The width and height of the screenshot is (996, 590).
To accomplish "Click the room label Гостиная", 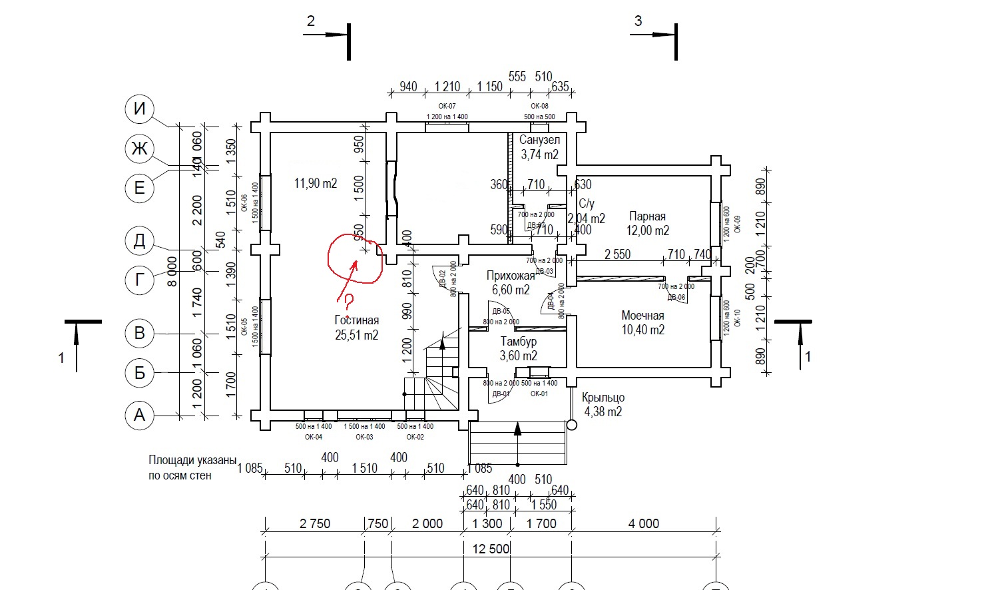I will pos(356,320).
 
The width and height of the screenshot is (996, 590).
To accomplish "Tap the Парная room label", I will pos(647,216).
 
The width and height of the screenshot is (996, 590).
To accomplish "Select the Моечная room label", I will pos(642,316).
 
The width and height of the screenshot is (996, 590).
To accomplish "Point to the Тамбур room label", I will pos(519,342).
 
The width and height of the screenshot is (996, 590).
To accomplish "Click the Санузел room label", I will pos(539,141).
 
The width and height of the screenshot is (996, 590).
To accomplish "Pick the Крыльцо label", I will pos(603,398).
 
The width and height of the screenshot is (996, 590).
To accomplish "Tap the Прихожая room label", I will pos(511,276).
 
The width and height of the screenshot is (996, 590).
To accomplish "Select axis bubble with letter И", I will pos(139,109).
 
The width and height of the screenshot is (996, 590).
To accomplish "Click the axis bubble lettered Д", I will pos(139,240).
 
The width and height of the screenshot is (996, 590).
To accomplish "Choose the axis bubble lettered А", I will pos(139,415).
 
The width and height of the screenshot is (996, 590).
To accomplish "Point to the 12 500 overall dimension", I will pos(490,549).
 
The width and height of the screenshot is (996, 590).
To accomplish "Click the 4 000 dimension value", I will pos(643,523).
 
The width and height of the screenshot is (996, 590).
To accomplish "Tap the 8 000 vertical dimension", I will pos(172,271).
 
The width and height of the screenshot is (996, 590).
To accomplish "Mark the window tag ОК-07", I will pos(447,107).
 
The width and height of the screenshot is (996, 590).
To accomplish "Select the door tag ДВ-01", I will pos(500,394).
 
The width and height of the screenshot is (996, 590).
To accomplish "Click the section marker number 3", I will pos(638,21).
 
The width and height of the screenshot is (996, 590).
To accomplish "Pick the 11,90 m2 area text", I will pos(316,183).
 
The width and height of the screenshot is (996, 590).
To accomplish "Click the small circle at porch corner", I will pos(571,425).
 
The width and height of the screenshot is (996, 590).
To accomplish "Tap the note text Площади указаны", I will pos(192,460).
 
